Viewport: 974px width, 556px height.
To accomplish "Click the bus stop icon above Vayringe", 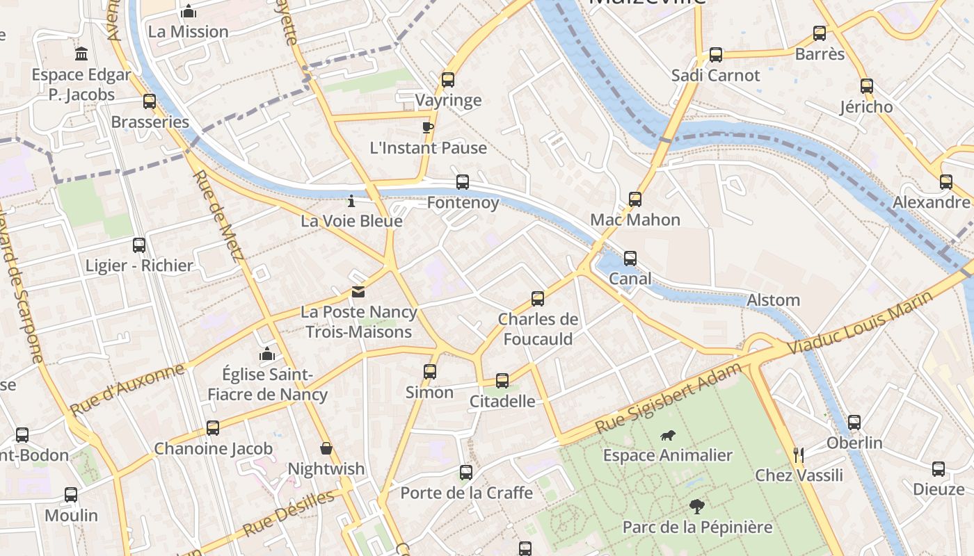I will pos(447,79).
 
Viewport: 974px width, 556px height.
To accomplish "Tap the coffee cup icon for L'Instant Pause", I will pos(428,126).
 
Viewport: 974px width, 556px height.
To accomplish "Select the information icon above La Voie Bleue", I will pos(351,201).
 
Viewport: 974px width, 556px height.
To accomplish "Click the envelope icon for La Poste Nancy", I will pos(358,292).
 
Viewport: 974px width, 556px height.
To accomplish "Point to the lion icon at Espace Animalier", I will pos(668,436).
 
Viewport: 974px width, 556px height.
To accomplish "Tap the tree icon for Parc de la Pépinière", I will pos(696,506).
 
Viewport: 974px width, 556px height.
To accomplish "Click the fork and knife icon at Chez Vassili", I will pos(799,455).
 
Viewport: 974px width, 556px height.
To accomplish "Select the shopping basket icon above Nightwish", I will pos(326,449).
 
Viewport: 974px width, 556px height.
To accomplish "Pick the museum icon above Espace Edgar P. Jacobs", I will pos(81,54).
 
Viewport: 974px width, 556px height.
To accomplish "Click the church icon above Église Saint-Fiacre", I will pos(266,354).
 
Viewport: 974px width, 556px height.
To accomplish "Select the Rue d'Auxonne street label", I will pos(127,389).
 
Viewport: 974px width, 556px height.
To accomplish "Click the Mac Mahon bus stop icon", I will pos(635,199).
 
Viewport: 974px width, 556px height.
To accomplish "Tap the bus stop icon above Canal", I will pos(630,259).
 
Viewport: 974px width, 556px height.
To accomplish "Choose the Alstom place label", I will pos(773,300).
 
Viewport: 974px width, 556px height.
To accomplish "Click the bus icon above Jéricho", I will pos(866,86).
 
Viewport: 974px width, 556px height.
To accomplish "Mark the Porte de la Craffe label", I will pos(466,493).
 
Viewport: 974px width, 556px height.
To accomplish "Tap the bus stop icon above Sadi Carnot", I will pos(715,55).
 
